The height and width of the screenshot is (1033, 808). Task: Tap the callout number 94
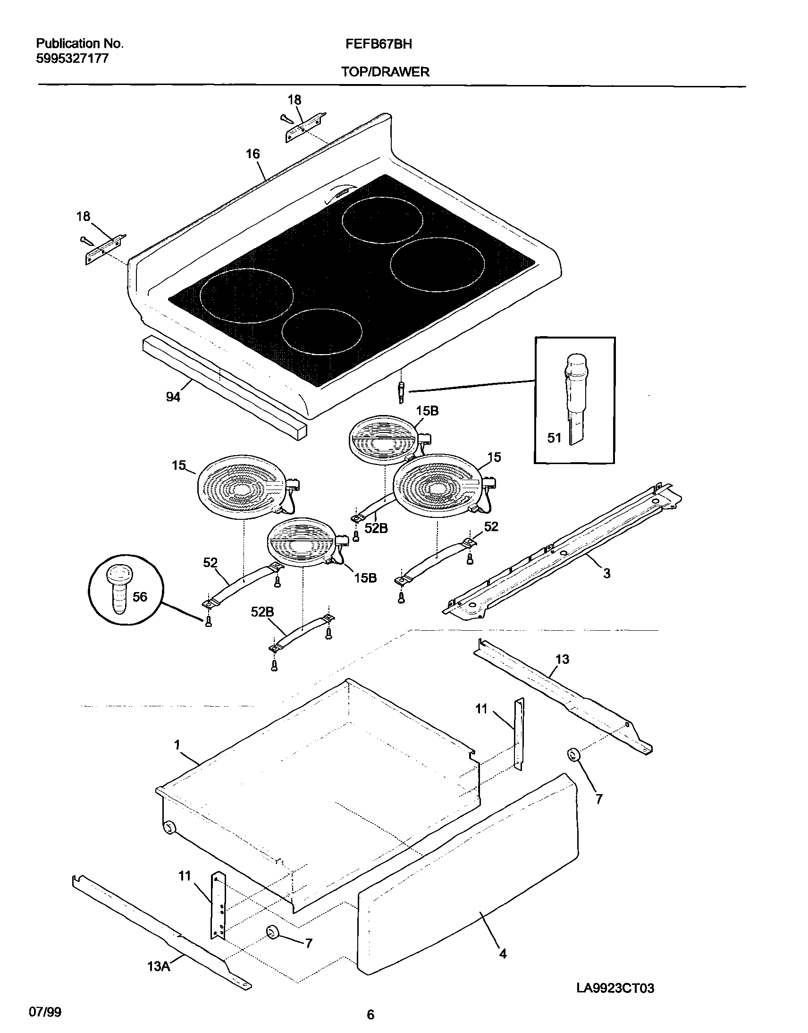point(173,397)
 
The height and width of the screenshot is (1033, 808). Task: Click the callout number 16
point(252,154)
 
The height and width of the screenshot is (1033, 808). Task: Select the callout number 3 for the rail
point(606,574)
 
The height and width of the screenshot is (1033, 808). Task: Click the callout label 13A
point(159,966)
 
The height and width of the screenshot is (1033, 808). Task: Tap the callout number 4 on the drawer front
point(503,954)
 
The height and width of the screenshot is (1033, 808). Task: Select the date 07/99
point(45,1012)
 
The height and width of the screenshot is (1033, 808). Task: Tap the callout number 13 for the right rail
point(562,659)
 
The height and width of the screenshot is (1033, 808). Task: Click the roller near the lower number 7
point(272,932)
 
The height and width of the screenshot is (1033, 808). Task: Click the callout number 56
point(140,597)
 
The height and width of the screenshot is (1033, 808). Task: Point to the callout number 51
point(554,438)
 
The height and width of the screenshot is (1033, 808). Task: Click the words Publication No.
point(79,43)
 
